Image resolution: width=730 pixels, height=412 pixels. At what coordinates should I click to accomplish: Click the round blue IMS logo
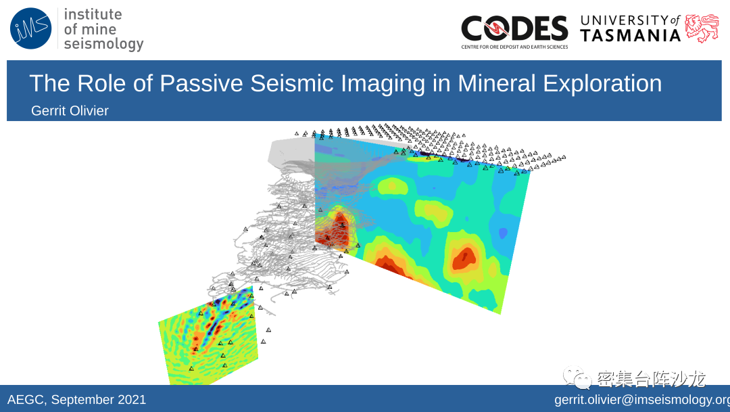30,28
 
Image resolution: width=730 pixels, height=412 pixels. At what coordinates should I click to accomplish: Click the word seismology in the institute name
104,44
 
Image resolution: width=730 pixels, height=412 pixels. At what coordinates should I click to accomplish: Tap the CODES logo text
514,28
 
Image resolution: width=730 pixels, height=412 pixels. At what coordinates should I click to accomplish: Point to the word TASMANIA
631,35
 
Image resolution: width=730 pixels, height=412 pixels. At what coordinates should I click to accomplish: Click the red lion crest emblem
702,28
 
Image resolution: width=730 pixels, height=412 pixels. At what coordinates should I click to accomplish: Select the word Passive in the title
201,83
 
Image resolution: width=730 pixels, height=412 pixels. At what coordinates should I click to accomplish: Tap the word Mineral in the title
497,83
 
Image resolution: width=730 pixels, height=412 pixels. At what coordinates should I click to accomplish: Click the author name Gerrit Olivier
70,110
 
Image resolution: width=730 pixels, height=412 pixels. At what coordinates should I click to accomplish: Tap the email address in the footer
642,400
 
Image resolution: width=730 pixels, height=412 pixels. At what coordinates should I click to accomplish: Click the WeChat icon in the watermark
577,377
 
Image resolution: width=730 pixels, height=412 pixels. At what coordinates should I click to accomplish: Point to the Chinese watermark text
651,378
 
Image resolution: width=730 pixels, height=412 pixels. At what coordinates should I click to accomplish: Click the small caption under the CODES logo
514,47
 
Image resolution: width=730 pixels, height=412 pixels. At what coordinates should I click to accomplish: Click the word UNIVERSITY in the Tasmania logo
625,20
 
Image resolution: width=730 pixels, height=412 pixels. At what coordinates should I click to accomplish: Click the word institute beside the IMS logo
93,14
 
